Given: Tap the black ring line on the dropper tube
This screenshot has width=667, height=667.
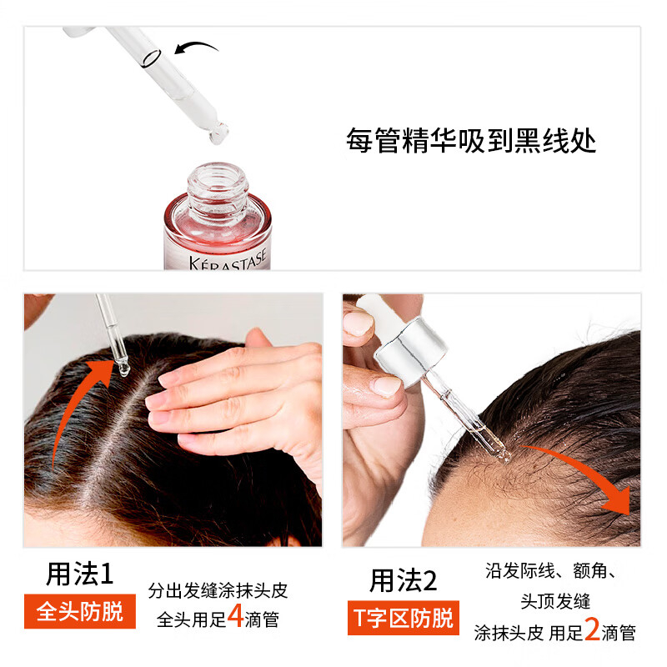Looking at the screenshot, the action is pyautogui.click(x=152, y=58).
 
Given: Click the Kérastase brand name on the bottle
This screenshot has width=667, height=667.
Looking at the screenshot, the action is pyautogui.click(x=228, y=260).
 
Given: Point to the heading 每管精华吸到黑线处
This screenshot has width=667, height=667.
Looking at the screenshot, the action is pyautogui.click(x=471, y=140).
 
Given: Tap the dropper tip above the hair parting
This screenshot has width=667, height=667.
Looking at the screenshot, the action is pyautogui.click(x=123, y=369).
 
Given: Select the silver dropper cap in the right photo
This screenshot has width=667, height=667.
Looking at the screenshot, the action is pyautogui.click(x=410, y=351).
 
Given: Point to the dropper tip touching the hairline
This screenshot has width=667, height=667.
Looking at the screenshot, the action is pyautogui.click(x=503, y=455).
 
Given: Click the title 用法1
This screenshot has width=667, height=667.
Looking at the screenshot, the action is pyautogui.click(x=79, y=574).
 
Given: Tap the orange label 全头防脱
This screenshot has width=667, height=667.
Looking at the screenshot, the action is pyautogui.click(x=80, y=611).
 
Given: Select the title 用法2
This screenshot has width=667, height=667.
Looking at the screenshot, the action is pyautogui.click(x=403, y=580).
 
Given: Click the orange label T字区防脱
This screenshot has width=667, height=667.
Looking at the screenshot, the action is pyautogui.click(x=404, y=618).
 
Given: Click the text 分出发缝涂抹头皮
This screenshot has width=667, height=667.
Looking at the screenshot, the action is pyautogui.click(x=218, y=590).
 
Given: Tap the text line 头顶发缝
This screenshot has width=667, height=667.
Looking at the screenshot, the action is pyautogui.click(x=555, y=601).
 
